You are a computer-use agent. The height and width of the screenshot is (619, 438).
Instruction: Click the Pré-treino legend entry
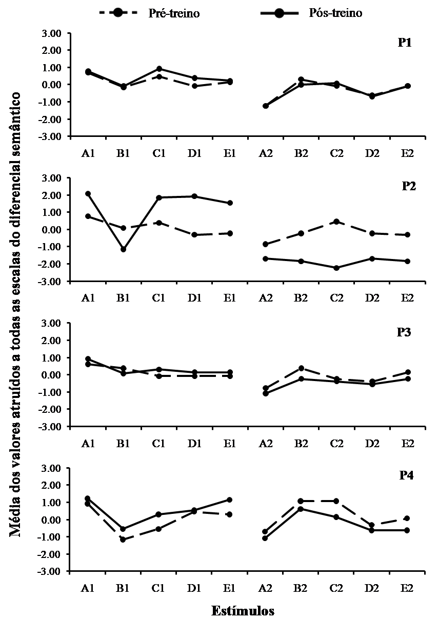pos(149,13)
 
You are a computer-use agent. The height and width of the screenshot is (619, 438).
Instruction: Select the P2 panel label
pos(408,186)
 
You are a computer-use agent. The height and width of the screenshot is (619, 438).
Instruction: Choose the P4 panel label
pos(407,475)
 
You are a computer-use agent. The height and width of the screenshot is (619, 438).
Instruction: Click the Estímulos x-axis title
pos(243,610)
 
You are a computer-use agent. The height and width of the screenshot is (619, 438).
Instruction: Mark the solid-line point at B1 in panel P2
pos(123,249)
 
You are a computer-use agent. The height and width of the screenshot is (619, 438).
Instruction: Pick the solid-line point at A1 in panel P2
pos(88,193)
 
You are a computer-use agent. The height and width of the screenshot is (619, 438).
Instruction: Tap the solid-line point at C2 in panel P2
pos(336,268)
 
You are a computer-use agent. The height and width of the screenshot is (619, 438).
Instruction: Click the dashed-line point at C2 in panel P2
pos(336,222)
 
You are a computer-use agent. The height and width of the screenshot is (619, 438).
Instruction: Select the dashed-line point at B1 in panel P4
pos(123,540)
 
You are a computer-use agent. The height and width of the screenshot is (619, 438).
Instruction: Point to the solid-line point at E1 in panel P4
pos(230,500)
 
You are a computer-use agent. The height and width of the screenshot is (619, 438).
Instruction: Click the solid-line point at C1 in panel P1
pos(159,69)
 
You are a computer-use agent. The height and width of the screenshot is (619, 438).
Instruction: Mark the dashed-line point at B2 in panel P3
pos(301,368)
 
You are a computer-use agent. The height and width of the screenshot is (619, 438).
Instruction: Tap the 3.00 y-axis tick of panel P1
pos(53,33)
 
